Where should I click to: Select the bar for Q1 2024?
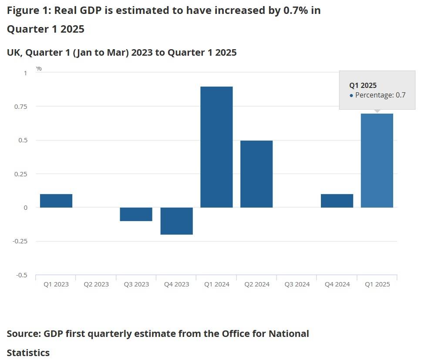[216, 147]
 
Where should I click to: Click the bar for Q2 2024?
[256, 174]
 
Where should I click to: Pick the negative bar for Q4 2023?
[176, 221]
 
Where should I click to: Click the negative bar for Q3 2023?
[136, 214]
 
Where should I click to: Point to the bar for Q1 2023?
[56, 201]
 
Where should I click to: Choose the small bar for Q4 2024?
[337, 201]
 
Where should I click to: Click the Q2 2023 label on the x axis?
[96, 284]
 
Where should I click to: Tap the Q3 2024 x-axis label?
[297, 284]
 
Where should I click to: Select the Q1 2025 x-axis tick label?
[377, 284]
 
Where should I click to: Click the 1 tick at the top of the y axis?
[25, 73]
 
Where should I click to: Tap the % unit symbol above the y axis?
[39, 68]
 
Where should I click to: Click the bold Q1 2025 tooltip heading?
[363, 85]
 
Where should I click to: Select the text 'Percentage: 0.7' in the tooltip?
[380, 95]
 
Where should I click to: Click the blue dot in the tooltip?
[351, 95]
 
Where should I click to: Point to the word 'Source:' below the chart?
[24, 333]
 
